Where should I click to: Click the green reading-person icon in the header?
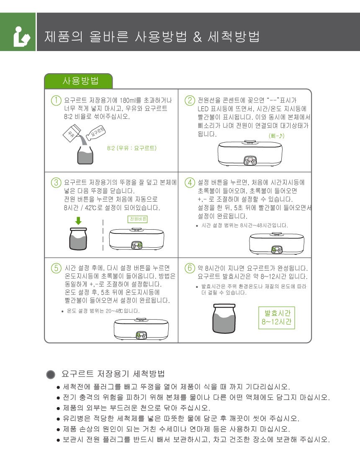point(21,36)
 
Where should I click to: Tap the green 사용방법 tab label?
point(80,81)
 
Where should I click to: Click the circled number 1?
point(56,100)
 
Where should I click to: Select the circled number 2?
point(190,100)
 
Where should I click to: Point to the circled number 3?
point(56,182)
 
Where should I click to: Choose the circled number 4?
point(190,182)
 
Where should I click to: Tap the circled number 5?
point(56,268)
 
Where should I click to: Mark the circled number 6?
point(190,268)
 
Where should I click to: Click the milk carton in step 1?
point(72,133)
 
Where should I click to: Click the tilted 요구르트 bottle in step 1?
point(96,133)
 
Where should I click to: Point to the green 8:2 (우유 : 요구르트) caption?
point(132,148)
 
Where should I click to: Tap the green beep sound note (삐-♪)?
point(277,136)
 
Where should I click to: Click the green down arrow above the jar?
point(78,221)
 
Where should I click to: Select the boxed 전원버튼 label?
point(138,219)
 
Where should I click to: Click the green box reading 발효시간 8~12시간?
point(277,318)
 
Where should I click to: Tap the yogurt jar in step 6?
point(224,318)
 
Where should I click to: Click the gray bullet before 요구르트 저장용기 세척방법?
point(51,374)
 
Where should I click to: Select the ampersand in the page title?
point(197,37)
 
